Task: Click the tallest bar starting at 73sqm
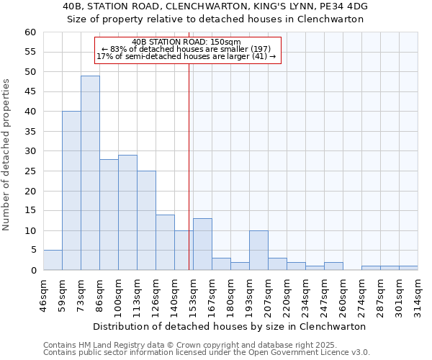tap(90, 173)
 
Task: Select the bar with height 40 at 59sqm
tap(71, 191)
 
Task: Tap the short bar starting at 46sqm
tap(53, 260)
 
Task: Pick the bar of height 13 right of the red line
tap(202, 244)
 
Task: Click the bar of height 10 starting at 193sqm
tap(258, 250)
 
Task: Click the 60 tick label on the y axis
tap(30, 32)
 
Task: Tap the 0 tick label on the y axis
tap(32, 271)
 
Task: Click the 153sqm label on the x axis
tap(193, 294)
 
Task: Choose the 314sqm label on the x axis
tap(418, 294)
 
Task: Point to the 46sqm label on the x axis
tap(43, 294)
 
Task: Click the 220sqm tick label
tap(287, 294)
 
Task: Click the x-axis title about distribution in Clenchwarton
tap(230, 326)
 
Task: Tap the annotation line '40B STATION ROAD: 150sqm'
tap(187, 42)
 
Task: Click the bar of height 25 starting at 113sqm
tap(146, 220)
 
